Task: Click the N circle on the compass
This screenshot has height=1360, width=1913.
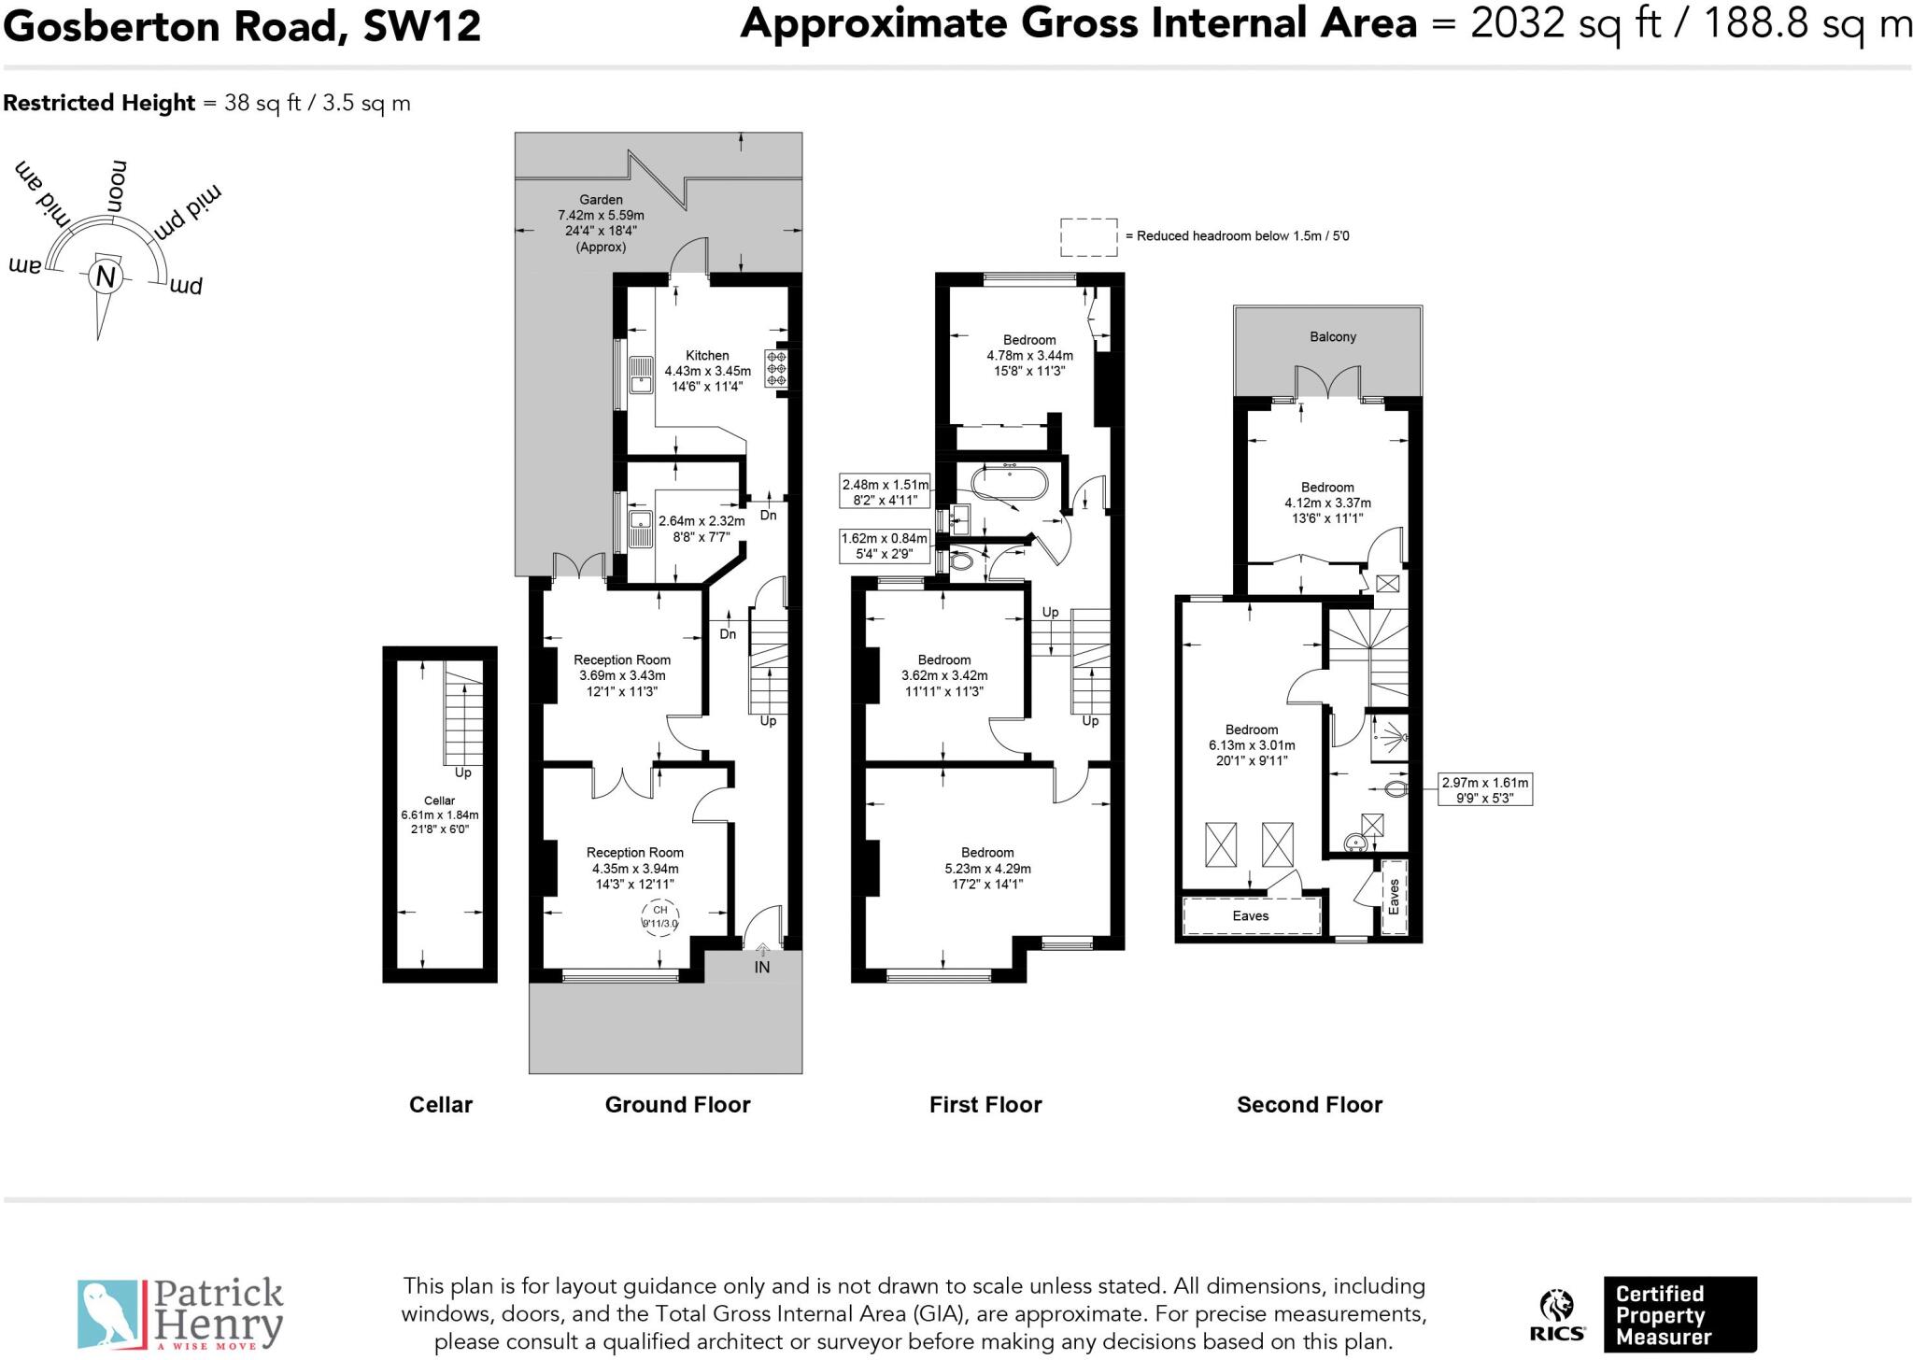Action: point(106,277)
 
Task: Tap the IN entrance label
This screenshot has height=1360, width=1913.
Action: point(762,968)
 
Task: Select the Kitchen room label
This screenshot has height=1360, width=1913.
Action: point(707,355)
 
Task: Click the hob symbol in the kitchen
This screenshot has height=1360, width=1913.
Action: point(776,368)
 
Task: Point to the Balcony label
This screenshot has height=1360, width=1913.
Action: point(1332,336)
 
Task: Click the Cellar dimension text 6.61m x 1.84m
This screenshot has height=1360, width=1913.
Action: point(439,815)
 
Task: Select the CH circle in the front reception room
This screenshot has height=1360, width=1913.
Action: point(660,916)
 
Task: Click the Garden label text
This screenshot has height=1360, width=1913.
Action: point(601,199)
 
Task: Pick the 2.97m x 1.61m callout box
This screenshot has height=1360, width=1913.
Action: point(1485,790)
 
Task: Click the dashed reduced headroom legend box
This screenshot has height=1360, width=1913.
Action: point(1088,237)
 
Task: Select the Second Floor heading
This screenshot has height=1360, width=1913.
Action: point(1309,1105)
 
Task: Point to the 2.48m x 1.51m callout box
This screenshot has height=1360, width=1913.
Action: point(886,491)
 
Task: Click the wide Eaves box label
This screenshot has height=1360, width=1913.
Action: point(1250,915)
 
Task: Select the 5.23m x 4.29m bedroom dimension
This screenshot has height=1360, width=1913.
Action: point(987,869)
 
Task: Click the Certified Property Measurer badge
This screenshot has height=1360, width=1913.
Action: point(1679,1315)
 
